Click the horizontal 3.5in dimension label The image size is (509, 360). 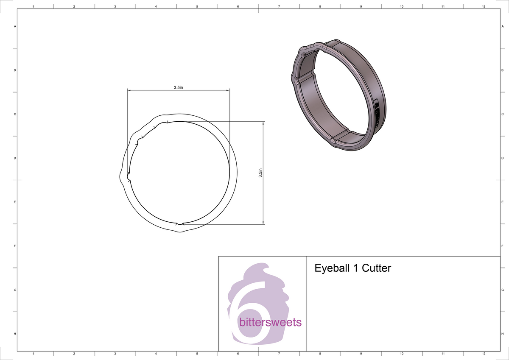[x=178, y=87]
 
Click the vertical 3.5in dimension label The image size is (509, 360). [x=260, y=173]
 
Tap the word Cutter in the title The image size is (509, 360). [x=376, y=268]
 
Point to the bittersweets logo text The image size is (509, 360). [x=270, y=323]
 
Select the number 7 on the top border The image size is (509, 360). [x=279, y=6]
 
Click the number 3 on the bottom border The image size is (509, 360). [x=115, y=353]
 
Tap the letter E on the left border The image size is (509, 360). [x=15, y=202]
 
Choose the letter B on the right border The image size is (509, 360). [x=502, y=70]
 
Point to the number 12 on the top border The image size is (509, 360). [x=484, y=6]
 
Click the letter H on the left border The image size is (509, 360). [x=15, y=334]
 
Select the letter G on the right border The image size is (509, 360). [x=502, y=290]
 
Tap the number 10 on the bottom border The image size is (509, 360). [x=402, y=353]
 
